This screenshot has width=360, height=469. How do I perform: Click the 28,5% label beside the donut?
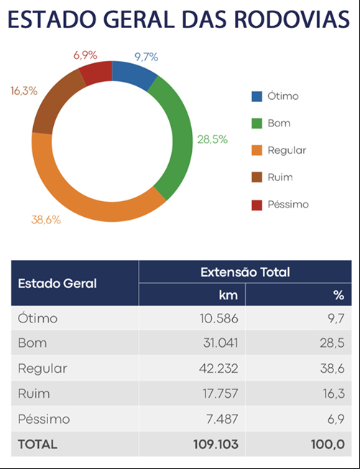[x=213, y=139]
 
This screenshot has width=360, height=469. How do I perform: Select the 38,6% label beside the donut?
[x=46, y=220]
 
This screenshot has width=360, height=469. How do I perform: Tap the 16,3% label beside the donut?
[x=24, y=90]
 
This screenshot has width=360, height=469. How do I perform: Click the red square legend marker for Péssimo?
[x=257, y=205]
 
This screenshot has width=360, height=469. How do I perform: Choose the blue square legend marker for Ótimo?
[x=257, y=97]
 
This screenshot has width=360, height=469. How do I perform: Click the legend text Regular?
[x=287, y=150]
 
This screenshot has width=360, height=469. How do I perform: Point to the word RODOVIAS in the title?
[x=292, y=19]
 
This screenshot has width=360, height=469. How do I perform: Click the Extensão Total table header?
[x=245, y=272]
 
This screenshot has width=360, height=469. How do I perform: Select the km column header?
[x=229, y=295]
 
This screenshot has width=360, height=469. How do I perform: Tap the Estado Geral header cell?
[x=57, y=284]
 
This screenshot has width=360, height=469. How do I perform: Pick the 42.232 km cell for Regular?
[x=218, y=368]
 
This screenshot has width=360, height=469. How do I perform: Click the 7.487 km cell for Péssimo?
[x=222, y=419]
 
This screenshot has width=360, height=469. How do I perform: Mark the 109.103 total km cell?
[x=216, y=444]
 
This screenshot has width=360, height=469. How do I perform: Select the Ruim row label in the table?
[x=34, y=394]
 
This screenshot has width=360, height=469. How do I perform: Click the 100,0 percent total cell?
[x=328, y=444]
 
